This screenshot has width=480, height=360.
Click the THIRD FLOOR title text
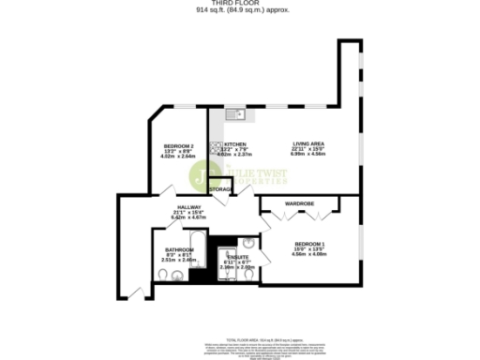pos(239,4)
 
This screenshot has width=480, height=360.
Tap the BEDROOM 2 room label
pos(178,146)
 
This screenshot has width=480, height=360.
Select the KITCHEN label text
pos(235,144)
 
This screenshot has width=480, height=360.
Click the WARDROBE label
pos(299,203)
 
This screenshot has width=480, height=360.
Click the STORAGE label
pos(221,190)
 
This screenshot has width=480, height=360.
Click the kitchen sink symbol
pos(235,116)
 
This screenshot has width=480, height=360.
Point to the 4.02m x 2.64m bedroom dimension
pos(178,157)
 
